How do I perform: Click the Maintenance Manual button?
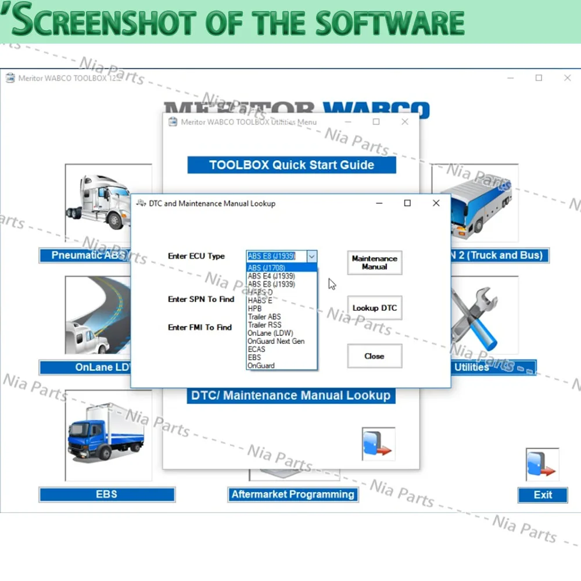374,263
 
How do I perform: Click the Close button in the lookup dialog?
374,356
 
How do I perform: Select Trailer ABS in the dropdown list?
264,317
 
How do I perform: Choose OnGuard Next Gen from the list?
276,341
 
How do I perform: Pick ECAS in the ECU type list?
256,349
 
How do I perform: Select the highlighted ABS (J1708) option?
266,268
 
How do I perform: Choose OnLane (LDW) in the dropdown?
270,333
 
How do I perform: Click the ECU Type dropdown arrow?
312,256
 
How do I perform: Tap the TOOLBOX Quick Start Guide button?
292,165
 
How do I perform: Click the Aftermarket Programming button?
293,494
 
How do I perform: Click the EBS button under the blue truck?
107,494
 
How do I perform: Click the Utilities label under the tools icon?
472,367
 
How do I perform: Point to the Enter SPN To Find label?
201,299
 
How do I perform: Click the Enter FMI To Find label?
200,327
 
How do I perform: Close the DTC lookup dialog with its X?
436,203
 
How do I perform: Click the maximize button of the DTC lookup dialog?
407,203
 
